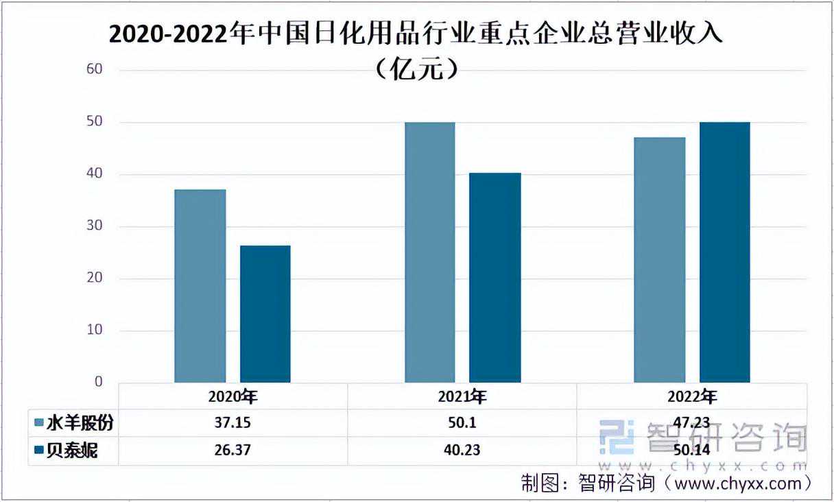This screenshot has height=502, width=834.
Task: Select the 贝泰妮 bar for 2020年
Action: tap(265, 313)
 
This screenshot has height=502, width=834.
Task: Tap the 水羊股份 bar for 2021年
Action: tap(430, 252)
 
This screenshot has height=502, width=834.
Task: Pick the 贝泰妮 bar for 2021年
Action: tap(495, 277)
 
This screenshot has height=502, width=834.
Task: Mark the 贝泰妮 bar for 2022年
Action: tap(724, 252)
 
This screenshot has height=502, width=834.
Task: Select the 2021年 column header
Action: tap(462, 397)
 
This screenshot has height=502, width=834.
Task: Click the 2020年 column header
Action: tap(233, 397)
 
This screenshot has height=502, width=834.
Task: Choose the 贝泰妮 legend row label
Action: tap(72, 451)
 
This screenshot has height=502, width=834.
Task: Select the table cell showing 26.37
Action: tap(233, 451)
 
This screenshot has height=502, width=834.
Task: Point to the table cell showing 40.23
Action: tap(462, 451)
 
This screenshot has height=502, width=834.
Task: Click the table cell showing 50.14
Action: tap(691, 451)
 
